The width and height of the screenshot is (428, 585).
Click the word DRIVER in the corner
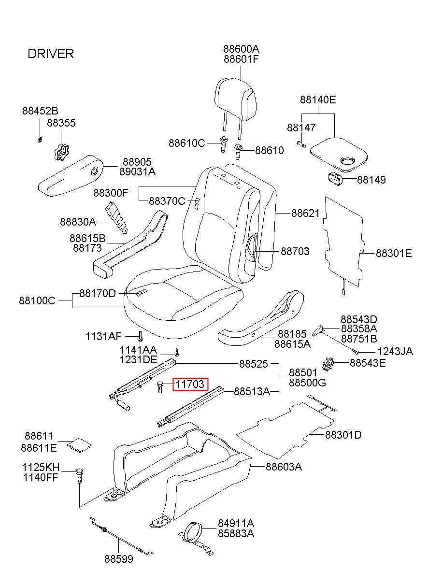coord(51,54)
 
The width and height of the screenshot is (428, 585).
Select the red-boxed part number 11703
coord(190,384)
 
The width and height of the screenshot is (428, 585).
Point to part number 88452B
coord(40,111)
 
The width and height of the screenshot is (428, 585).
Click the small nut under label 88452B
coord(40,140)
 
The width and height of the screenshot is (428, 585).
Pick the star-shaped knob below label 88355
coord(61,152)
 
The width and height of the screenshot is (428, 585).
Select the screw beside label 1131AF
coord(141,336)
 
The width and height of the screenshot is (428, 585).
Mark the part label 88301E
coord(394,253)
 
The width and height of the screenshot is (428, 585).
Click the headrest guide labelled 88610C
coord(223,144)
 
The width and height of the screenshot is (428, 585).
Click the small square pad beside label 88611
coord(79,445)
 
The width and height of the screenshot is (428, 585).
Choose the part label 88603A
coord(284,467)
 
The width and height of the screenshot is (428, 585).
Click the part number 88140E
coord(318,100)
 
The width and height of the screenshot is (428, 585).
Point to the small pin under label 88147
coord(301,143)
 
